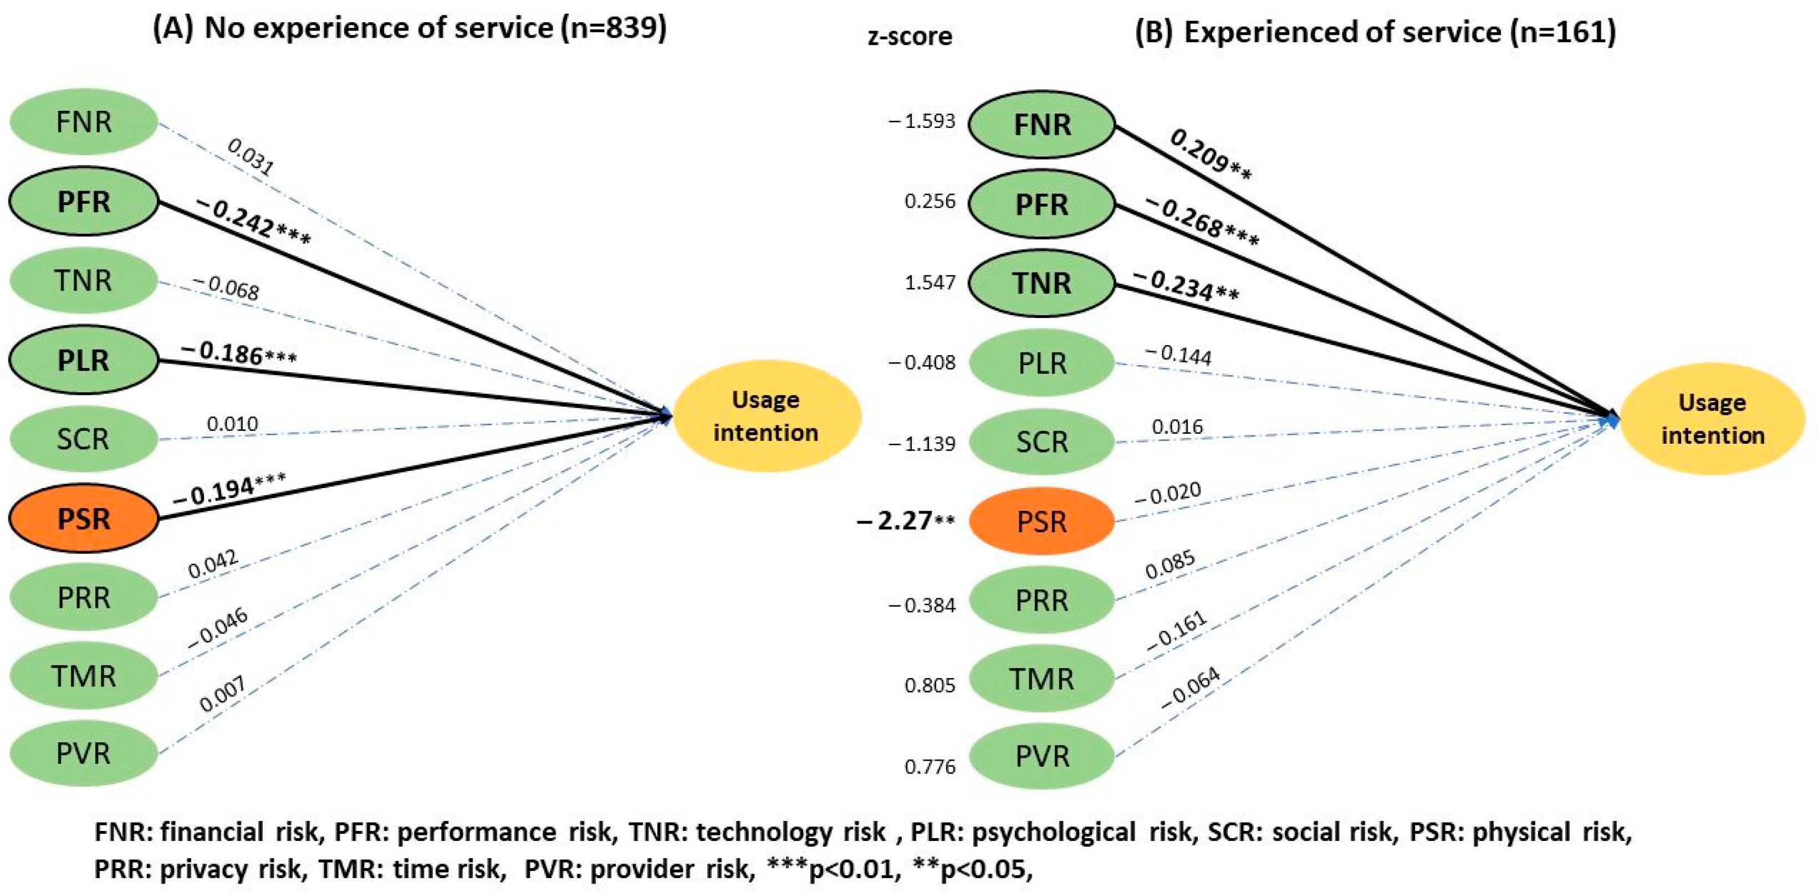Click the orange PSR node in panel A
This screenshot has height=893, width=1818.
(83, 519)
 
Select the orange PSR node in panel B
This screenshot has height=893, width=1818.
(1041, 521)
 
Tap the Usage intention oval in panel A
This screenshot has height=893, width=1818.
(767, 415)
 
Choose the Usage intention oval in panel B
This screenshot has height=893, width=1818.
(1712, 418)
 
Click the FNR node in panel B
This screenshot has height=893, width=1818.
(1041, 125)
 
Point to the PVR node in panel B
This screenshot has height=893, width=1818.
(1041, 756)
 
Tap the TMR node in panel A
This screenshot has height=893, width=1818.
(83, 676)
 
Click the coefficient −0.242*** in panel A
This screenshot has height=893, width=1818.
(253, 222)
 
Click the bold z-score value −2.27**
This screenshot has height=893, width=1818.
(906, 521)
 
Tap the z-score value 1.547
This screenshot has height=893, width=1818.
(930, 282)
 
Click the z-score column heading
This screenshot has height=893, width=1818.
(910, 35)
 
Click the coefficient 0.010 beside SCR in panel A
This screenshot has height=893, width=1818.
(232, 424)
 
